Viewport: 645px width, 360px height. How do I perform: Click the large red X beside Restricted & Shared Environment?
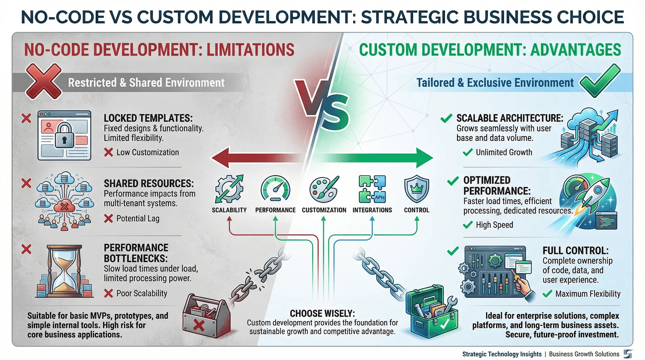(43, 81)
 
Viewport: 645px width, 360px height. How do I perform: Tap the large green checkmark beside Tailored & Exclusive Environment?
(599, 81)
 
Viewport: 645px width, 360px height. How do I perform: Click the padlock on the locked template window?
(64, 135)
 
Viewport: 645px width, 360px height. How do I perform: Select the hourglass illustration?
(64, 271)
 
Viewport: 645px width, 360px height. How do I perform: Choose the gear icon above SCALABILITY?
(229, 189)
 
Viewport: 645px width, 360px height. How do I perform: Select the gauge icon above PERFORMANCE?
(275, 188)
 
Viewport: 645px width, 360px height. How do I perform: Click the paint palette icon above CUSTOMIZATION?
(324, 189)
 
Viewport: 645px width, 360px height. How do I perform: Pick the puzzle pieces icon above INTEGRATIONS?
(372, 189)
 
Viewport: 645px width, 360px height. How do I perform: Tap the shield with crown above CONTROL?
(416, 189)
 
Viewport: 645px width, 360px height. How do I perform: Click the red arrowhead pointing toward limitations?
(220, 157)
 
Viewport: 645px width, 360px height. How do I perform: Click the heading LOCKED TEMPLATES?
(148, 118)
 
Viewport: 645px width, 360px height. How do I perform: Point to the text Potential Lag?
(138, 219)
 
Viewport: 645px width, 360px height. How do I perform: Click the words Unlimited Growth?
(503, 152)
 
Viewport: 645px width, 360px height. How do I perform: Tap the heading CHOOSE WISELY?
(322, 313)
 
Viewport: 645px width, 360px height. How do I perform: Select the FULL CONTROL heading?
(575, 250)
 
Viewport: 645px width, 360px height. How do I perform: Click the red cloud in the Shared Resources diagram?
(64, 207)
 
